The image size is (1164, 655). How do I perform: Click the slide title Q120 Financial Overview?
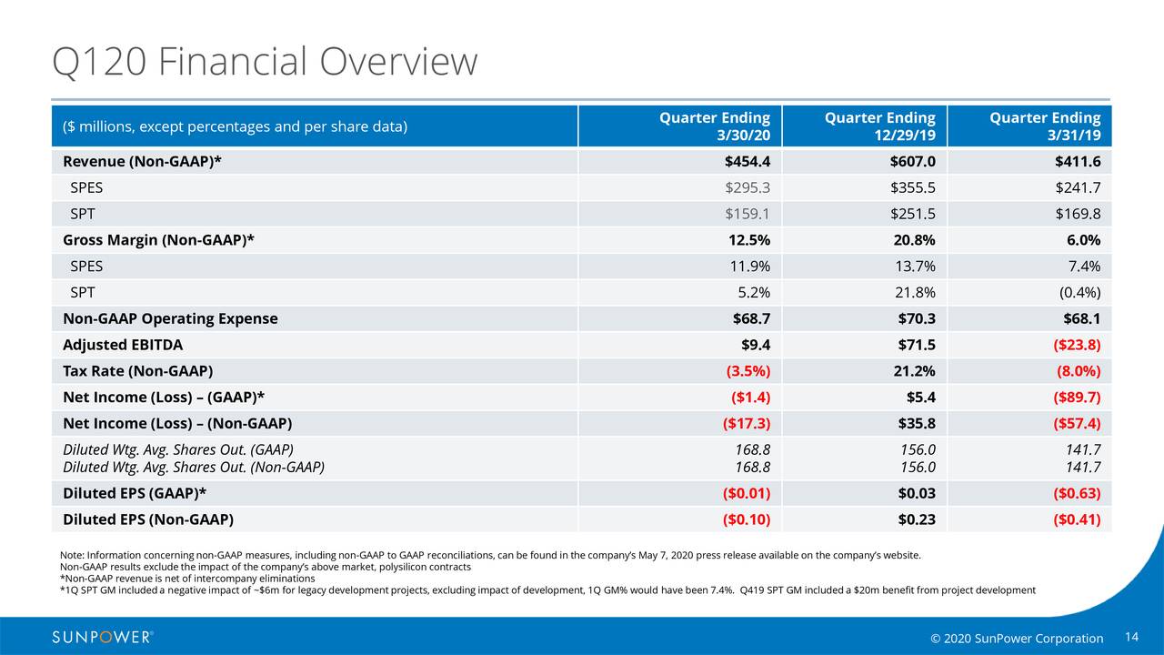pos(265,62)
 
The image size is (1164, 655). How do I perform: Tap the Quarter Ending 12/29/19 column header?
pos(879,126)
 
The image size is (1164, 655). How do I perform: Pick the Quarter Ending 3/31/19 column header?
pos(1045,126)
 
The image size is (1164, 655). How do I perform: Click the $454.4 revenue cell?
pos(748,162)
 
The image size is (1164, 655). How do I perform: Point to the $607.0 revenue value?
pos(913,162)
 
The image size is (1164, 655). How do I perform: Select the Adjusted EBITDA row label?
pos(123,345)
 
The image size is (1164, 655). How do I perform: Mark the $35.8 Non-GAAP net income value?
pos(916,424)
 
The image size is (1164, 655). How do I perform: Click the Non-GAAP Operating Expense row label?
pos(170,318)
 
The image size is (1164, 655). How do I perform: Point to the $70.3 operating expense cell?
pos(916,318)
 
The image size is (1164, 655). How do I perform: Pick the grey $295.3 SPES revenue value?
pos(748,188)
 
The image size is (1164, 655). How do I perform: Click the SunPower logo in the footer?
pos(103,637)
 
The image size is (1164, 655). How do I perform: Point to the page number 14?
pos(1132,636)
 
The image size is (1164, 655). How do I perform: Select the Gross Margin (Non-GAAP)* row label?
pos(158,240)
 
